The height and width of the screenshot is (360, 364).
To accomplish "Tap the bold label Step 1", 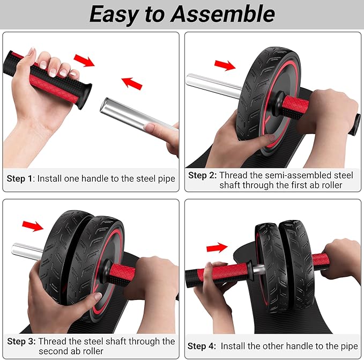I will pos(20,179).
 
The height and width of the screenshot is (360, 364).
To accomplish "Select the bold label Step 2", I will pos(202,175).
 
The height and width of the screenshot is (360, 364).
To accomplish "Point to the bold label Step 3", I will pos(20,341).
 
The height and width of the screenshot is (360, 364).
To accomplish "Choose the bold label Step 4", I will pos(202,346).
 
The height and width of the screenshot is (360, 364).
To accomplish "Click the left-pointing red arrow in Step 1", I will pos(132,83).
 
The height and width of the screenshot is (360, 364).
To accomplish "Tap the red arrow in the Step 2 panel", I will pos(224,65).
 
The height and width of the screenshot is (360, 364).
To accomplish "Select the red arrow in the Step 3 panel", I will pos(33,226).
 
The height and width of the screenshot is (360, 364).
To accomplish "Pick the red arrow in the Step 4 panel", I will pos(217,247).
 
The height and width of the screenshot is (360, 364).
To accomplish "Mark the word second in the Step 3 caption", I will pos(54,351).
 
